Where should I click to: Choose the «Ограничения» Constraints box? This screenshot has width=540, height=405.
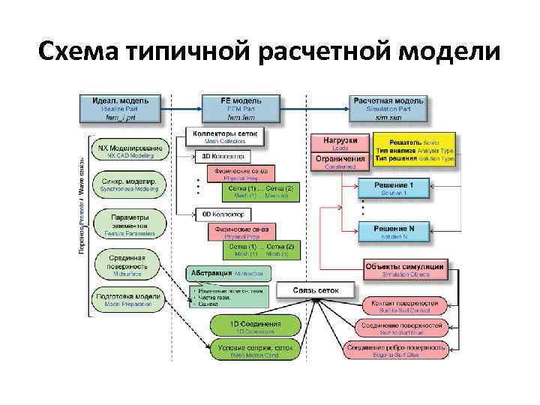tap(340, 161)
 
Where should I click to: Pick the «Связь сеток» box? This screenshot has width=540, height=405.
tap(316, 290)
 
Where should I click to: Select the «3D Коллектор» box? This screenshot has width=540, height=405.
tap(223, 157)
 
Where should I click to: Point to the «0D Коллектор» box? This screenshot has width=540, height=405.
tap(223, 214)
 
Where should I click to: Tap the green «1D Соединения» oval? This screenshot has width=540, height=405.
tap(255, 326)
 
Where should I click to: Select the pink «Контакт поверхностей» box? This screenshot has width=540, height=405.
tap(404, 306)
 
